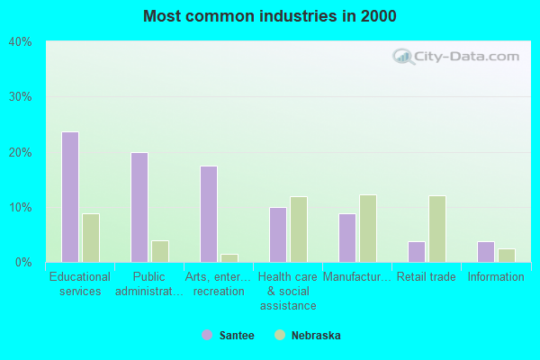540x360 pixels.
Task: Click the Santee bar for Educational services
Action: tap(70, 197)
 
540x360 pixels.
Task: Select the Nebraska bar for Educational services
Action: tap(91, 238)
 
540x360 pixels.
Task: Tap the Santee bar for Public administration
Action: tap(139, 207)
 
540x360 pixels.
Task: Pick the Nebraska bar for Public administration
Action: tap(160, 251)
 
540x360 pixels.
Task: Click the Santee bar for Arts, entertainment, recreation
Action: tap(209, 214)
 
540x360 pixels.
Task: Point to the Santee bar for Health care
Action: tap(278, 235)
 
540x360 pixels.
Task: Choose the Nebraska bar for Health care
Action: tap(299, 229)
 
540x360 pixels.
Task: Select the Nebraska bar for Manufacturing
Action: tap(368, 229)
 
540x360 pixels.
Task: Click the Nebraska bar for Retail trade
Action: tap(437, 229)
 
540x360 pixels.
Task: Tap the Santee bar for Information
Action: tap(486, 252)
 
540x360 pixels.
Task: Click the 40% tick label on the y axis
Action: tap(20, 41)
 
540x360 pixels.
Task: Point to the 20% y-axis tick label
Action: tap(20, 152)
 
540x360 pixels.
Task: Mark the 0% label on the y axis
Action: tap(23, 263)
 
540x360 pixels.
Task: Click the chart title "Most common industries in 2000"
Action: tap(269, 16)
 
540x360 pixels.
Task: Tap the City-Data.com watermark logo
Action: tap(454, 56)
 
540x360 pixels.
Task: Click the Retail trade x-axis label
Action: tap(427, 277)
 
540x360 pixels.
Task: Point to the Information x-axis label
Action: tap(496, 277)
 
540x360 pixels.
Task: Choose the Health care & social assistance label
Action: tap(288, 291)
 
